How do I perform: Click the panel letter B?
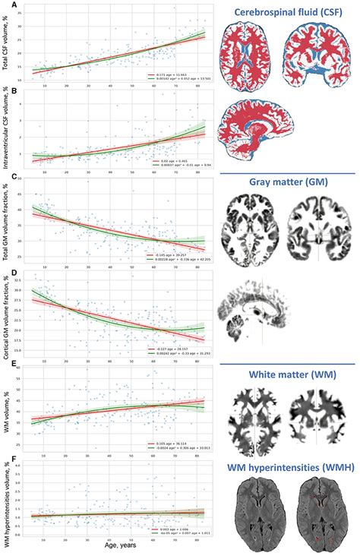click(x=5, y=92)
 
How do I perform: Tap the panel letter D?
click(x=5, y=270)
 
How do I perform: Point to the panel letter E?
click(x=5, y=365)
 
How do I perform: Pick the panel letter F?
click(x=5, y=457)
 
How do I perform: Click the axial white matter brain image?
click(x=255, y=416)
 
